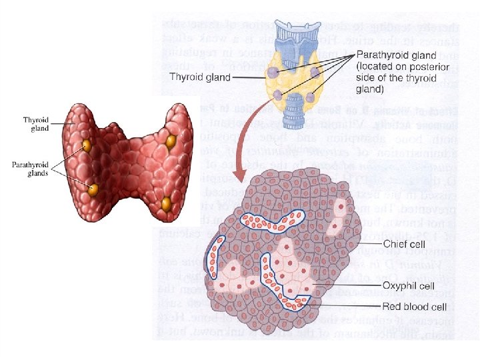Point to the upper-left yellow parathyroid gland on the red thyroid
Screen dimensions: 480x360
click(87, 145)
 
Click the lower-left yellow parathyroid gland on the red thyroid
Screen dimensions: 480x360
click(94, 189)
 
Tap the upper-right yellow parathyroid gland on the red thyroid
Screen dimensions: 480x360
click(170, 141)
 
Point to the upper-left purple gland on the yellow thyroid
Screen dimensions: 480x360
click(274, 71)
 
